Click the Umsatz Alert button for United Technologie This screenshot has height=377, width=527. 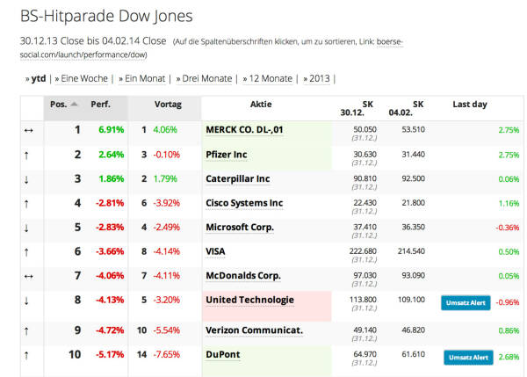point(466,303)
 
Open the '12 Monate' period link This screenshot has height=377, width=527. point(269,78)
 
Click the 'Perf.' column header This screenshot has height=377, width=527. point(101,105)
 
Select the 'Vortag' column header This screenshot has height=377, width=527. point(168,105)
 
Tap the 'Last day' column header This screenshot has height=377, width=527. point(469,105)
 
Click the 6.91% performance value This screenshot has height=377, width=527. point(112,129)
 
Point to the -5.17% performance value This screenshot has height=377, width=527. point(111,354)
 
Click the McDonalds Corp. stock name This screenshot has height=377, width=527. point(242,275)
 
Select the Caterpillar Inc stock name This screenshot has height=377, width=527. point(237,178)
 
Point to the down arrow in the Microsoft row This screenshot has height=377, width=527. point(27,227)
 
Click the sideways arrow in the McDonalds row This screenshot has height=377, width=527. point(27,275)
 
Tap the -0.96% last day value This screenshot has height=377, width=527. point(508,303)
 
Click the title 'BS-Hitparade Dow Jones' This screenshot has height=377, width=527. point(106,16)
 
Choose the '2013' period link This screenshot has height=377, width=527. point(319,78)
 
